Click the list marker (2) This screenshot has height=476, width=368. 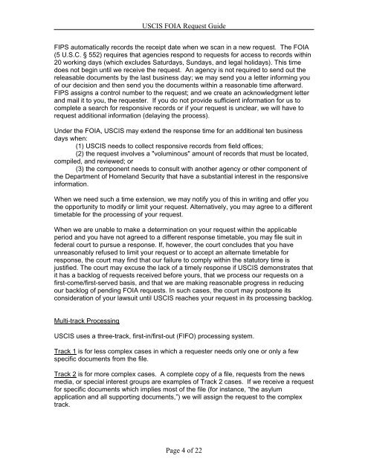coord(82,164)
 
